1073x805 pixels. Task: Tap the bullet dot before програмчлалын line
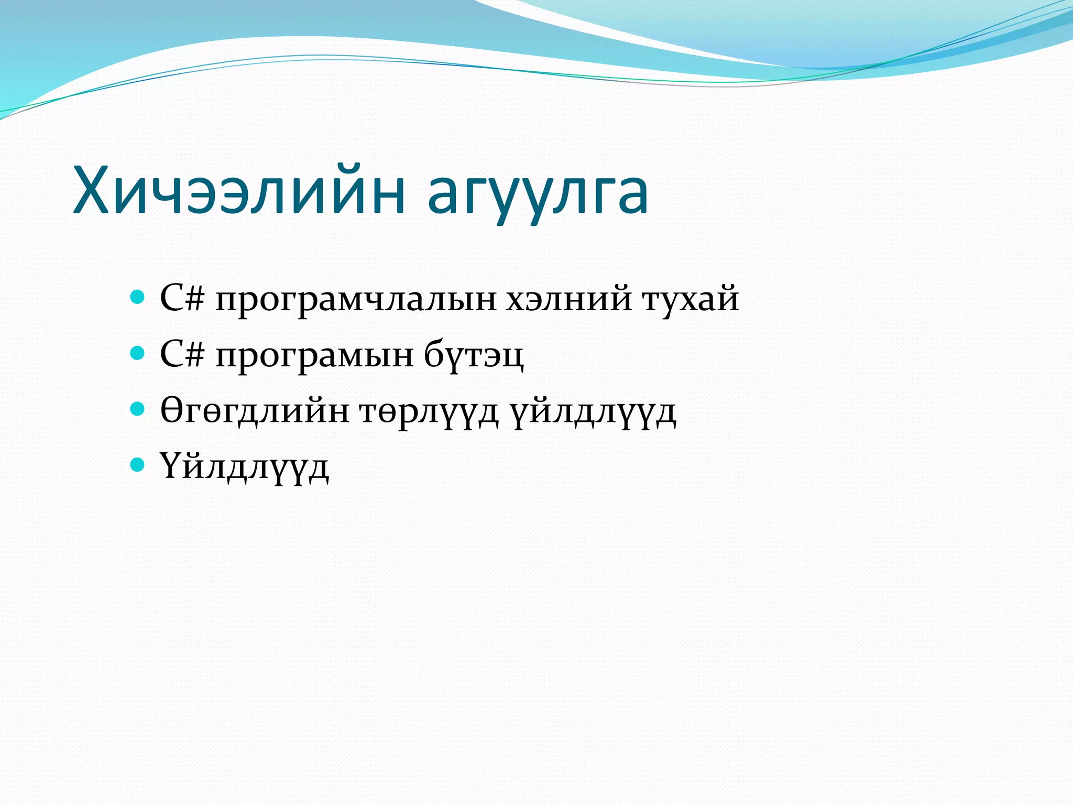point(137,298)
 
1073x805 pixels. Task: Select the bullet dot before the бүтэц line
point(137,354)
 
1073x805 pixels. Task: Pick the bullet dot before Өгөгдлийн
point(137,409)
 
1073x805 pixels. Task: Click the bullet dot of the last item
point(137,464)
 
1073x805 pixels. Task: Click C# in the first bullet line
point(181,298)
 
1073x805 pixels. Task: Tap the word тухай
point(691,300)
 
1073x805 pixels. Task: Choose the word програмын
point(314,356)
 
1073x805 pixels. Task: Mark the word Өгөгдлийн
point(255,411)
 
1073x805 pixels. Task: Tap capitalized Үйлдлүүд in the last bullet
point(244,467)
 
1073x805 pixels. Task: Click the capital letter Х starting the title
point(93,190)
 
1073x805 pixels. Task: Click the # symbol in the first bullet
point(193,299)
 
